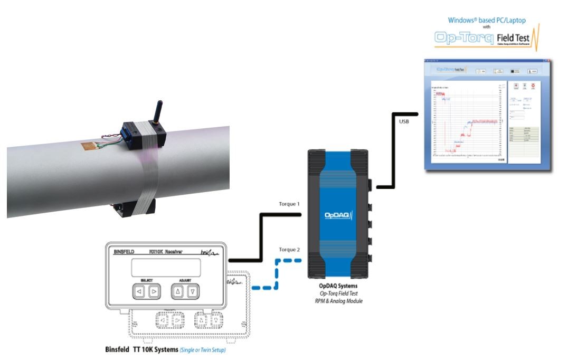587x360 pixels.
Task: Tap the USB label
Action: coord(401,122)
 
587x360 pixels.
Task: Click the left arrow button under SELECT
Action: coord(139,290)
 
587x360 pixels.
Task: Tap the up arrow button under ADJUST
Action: coord(178,290)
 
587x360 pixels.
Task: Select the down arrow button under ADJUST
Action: coord(193,290)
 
